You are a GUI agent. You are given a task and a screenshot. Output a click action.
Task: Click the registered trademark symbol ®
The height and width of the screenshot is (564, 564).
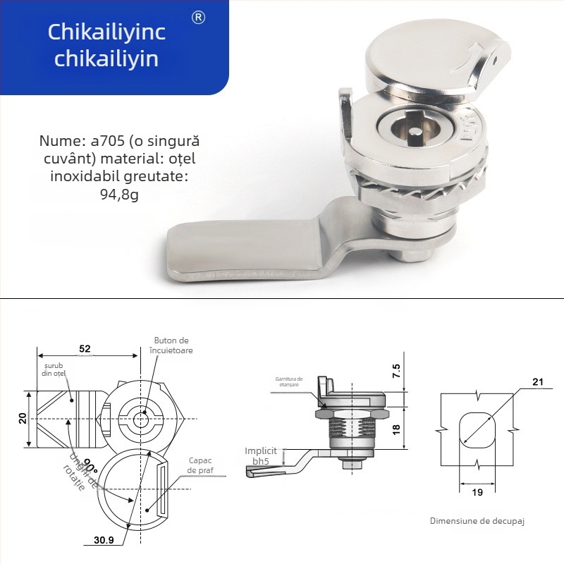(198, 18)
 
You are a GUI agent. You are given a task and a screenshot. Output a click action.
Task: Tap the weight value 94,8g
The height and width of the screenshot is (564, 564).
(119, 195)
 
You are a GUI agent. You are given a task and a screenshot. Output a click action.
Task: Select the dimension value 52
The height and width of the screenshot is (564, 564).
(84, 348)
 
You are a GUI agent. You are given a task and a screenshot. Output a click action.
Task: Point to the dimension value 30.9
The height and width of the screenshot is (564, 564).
(103, 541)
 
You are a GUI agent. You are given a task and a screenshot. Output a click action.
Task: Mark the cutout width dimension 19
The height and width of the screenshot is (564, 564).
(477, 493)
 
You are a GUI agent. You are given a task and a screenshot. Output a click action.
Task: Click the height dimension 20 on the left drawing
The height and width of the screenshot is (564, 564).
(23, 418)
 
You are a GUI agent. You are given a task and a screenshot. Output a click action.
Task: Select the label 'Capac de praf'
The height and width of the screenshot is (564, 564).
(200, 465)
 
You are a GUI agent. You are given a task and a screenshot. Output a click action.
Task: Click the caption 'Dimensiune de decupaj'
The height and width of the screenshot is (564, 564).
(477, 522)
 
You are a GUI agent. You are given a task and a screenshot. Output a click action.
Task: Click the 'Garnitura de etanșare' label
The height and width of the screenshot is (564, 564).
(288, 381)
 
